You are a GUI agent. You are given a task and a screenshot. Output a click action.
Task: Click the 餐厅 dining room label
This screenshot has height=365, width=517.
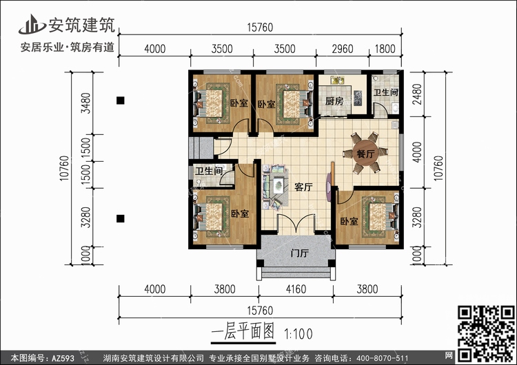365,154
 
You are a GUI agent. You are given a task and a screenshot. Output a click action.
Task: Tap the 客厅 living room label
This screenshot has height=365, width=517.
303,187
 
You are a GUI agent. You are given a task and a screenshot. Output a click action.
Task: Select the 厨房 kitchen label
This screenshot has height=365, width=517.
334,101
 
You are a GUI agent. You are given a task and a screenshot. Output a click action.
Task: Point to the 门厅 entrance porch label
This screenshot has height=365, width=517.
300,253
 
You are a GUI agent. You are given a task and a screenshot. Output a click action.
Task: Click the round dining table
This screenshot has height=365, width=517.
365,154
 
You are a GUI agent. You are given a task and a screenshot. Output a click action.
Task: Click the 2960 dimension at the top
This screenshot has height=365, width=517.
342,49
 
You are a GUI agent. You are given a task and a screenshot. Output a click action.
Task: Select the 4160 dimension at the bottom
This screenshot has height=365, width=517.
296,289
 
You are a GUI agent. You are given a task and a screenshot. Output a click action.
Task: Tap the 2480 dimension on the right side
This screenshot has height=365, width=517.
417,94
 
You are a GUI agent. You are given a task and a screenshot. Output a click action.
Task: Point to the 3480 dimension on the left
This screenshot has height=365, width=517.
85,103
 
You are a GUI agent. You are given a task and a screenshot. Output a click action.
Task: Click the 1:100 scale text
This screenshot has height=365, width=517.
298,334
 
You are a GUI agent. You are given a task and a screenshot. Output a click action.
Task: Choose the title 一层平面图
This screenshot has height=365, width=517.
243,331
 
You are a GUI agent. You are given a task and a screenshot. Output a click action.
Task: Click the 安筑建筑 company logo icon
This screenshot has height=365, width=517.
32,24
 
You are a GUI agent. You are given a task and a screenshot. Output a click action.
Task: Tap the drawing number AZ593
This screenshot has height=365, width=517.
63,358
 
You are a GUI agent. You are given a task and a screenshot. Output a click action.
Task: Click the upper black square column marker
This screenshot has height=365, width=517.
121,100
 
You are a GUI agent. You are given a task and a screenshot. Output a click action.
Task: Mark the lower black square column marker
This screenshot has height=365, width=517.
121,218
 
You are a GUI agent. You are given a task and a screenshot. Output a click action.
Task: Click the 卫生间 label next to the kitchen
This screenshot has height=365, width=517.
385,92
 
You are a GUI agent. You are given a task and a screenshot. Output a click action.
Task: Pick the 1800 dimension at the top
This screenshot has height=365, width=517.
385,49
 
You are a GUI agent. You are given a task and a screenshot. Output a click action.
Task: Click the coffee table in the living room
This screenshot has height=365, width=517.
278,185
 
